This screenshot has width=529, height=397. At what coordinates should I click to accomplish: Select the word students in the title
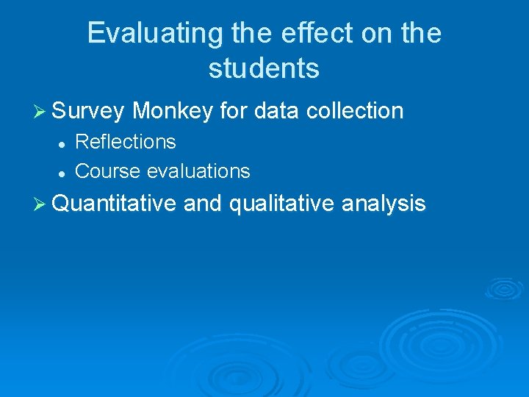(x=264, y=68)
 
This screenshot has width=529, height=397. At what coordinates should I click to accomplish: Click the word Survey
(x=88, y=111)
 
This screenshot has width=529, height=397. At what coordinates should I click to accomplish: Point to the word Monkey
(x=173, y=111)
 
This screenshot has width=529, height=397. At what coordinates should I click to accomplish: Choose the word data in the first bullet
(x=277, y=111)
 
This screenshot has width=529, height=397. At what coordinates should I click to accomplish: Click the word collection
(x=355, y=111)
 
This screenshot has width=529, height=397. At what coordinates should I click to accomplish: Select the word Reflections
(x=126, y=141)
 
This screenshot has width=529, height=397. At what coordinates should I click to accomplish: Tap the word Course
(x=108, y=171)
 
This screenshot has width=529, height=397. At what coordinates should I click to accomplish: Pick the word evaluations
(x=198, y=171)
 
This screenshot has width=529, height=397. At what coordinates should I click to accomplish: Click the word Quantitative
(x=115, y=203)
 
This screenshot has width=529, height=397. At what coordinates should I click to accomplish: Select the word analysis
(x=384, y=203)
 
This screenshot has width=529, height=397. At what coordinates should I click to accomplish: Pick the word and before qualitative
(x=203, y=203)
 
